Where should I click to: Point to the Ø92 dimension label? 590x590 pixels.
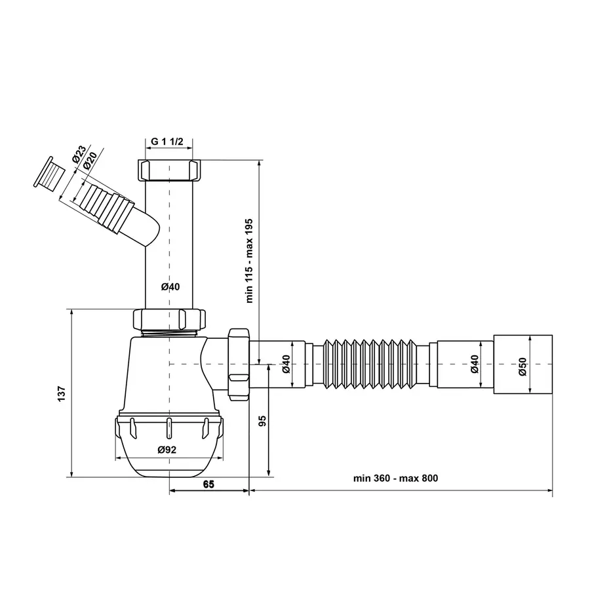pyautogui.click(x=167, y=450)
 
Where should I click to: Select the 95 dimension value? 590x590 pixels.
pyautogui.click(x=262, y=421)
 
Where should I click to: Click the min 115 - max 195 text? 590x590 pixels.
pyautogui.click(x=250, y=260)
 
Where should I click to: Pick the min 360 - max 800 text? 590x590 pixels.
pyautogui.click(x=395, y=478)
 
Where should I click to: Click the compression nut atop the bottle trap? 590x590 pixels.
pyautogui.click(x=170, y=319)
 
